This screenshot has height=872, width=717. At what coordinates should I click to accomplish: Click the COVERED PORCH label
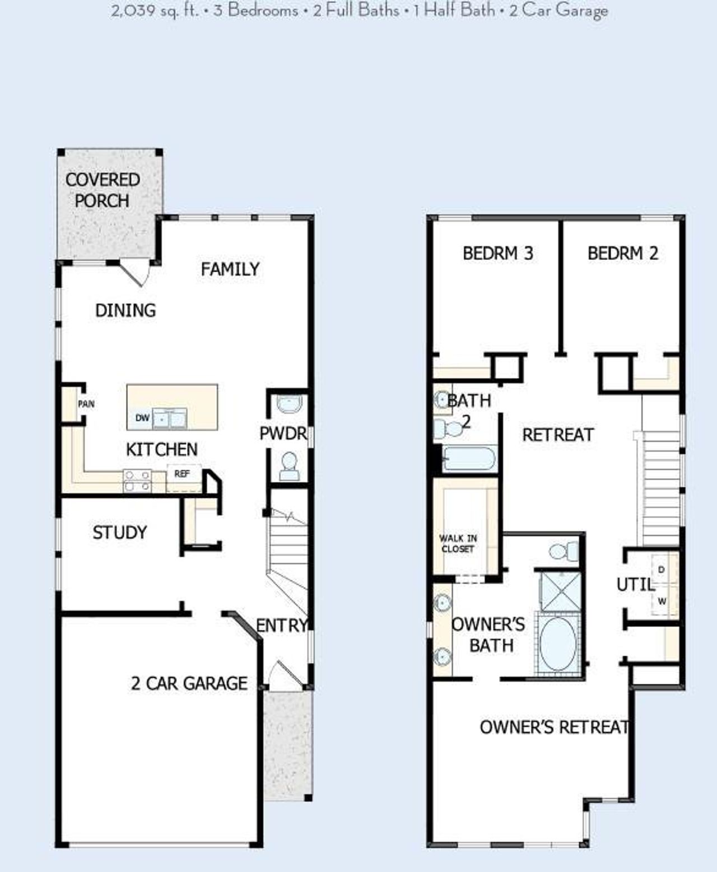pos(102,190)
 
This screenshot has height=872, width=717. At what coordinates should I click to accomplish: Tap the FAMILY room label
pos(230,269)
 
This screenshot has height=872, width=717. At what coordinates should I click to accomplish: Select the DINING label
pos(125,310)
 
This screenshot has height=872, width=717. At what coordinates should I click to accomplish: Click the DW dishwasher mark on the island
pos(142,418)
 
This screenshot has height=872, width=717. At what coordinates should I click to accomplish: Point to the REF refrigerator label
pos(182,474)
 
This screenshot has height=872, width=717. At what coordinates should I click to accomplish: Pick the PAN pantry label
pos(86,404)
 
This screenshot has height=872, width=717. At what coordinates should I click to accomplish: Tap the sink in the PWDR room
pos(290,403)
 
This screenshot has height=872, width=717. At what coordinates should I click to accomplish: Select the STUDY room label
pos(119,532)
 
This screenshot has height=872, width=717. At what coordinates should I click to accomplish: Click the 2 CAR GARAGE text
pos(189,683)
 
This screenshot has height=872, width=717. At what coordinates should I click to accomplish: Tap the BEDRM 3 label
pos(497,254)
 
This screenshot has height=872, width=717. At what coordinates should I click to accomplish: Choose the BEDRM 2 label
pos(622,254)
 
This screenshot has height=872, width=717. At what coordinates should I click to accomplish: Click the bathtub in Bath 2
pos(469,459)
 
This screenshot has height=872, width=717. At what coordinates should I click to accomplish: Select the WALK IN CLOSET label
pos(458,543)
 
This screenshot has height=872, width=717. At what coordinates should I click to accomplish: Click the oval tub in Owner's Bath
pos(558,642)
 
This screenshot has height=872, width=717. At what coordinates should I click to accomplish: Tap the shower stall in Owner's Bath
pos(560,590)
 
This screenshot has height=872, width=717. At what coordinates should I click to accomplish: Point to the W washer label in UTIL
pos(662,601)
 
